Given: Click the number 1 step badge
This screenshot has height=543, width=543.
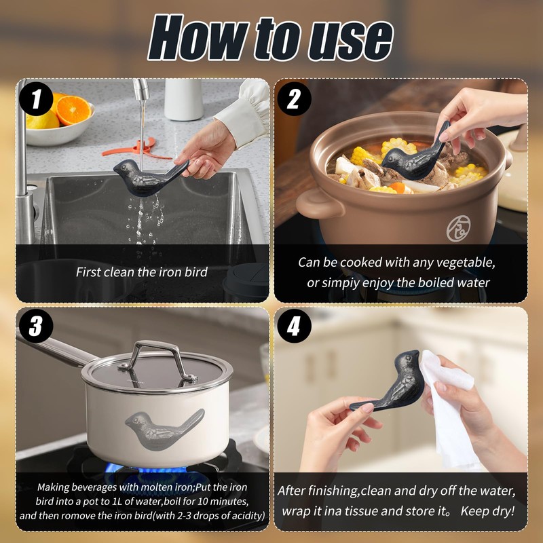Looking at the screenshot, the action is coord(36,99).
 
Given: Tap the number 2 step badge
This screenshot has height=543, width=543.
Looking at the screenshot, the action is coord(294,99).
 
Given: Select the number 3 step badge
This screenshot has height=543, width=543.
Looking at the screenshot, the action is coord(36,326).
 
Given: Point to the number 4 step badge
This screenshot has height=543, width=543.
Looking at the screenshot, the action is coord(294,326).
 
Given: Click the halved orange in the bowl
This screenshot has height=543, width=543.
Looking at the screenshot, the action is coord(73,110).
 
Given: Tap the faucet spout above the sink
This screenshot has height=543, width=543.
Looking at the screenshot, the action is coord(141,90).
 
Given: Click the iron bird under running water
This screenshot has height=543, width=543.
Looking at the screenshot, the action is coord(151,176).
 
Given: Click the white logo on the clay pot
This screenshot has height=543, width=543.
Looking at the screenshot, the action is coord(458,228).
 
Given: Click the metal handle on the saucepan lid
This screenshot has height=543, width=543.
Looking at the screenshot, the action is coord(157,361).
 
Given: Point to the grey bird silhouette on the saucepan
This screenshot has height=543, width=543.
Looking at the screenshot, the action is coord(164,429).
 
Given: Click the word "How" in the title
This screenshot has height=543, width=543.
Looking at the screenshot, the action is coord(198,39).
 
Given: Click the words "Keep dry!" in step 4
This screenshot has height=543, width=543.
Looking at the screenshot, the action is coord(487,511).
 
